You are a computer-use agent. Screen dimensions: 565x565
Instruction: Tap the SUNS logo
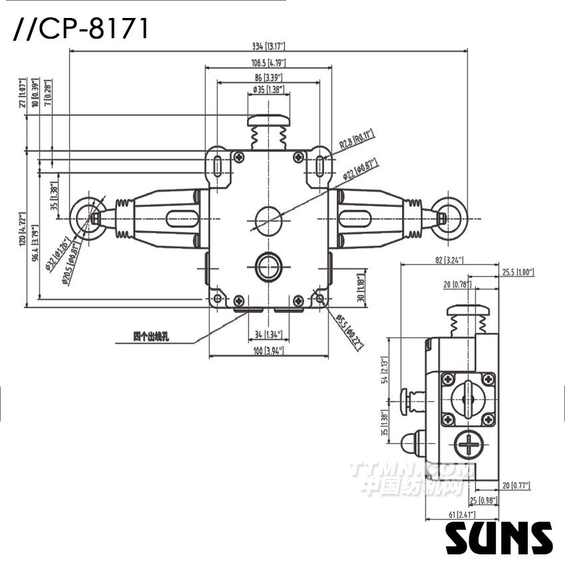tap(499, 538)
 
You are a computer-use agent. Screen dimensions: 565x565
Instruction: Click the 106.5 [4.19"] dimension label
tap(268, 63)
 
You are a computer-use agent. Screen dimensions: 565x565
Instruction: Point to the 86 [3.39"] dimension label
tap(268, 78)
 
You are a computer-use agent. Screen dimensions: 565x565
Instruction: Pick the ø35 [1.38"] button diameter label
tap(268, 89)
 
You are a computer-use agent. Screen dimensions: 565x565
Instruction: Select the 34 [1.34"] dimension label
tap(268, 334)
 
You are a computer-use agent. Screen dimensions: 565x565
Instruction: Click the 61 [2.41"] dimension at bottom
tap(450, 514)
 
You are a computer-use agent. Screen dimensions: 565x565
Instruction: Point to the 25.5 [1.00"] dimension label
tap(518, 272)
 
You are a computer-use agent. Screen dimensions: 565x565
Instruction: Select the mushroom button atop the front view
tap(268, 122)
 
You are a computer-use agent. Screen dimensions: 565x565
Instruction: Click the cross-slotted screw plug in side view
tap(469, 445)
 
